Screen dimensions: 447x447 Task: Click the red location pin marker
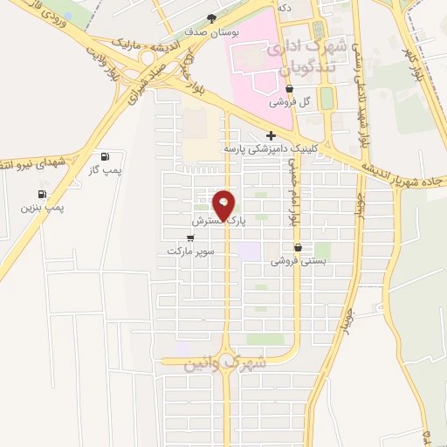[224, 205]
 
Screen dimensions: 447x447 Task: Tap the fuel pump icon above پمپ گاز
[107, 157]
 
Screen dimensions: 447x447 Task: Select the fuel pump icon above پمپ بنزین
[40, 194]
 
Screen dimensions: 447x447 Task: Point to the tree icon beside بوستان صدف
[210, 18]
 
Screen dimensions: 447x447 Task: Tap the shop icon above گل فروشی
[289, 88]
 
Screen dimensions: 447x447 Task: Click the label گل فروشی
[289, 101]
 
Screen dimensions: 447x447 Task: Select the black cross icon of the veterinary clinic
[271, 135]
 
